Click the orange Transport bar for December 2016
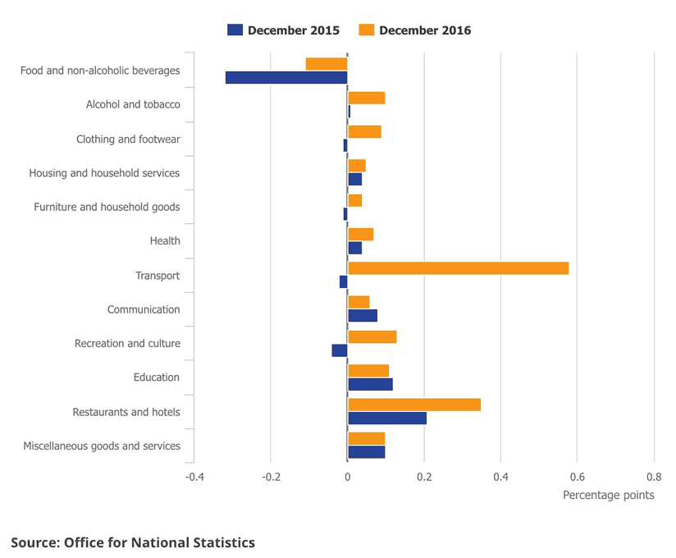click(458, 268)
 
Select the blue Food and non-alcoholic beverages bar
click(286, 78)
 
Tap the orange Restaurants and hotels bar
click(414, 405)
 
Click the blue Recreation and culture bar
click(340, 350)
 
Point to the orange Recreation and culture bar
click(372, 336)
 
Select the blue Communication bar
click(363, 316)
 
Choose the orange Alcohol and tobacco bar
click(367, 98)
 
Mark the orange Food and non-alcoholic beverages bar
click(327, 64)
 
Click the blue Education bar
click(370, 384)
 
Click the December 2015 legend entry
click(284, 30)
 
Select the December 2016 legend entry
click(415, 30)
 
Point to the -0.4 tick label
click(194, 477)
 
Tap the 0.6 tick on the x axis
click(577, 477)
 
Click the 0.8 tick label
click(654, 477)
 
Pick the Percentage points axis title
click(608, 496)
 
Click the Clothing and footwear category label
click(128, 139)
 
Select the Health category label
click(165, 241)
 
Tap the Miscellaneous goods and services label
click(102, 446)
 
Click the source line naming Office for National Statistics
click(133, 542)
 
